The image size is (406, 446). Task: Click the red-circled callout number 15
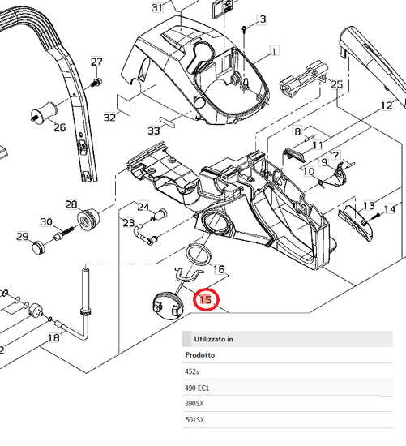(x=206, y=299)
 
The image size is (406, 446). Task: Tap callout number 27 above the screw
(x=96, y=62)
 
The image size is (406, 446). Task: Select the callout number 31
(x=157, y=7)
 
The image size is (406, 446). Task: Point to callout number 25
(x=337, y=84)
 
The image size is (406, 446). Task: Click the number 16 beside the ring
(x=219, y=269)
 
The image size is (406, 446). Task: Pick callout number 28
(x=71, y=204)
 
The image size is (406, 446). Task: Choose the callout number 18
(x=54, y=337)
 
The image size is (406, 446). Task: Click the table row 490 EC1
(x=197, y=388)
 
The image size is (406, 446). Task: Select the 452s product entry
(x=192, y=371)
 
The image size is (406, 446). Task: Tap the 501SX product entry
(x=194, y=420)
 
